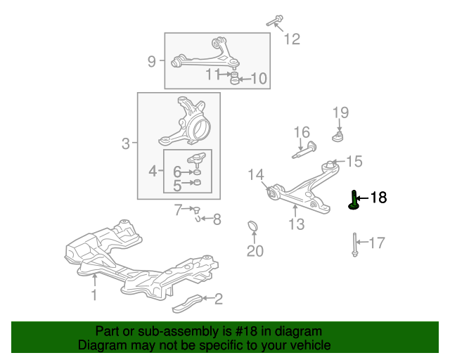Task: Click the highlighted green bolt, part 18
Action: pos(354,200)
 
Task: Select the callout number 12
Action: pos(292,39)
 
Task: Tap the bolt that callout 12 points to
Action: pos(275,20)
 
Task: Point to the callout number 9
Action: pos(152,61)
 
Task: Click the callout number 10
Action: pos(259,78)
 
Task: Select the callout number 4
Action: pos(153,172)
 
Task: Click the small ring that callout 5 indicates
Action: pos(197,182)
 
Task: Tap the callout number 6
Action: pos(177,172)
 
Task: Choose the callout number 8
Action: pos(217,219)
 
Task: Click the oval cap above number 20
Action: pos(253,226)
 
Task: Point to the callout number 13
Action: pos(297,224)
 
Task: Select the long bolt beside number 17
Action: pos(354,245)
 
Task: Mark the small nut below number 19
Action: pos(338,136)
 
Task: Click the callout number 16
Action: pos(302,132)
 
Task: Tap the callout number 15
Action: pos(354,161)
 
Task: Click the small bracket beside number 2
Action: pos(188,304)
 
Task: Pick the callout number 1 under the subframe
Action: pos(94,295)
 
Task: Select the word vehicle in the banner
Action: pos(311,345)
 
